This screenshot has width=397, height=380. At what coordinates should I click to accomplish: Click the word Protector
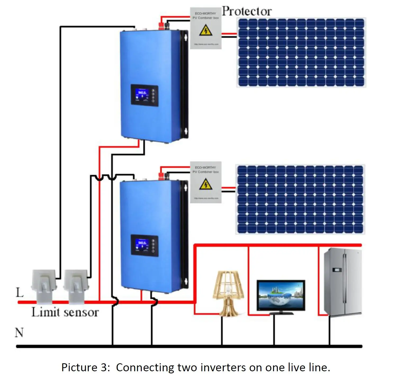point(247,11)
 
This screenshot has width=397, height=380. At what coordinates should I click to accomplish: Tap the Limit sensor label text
point(65,312)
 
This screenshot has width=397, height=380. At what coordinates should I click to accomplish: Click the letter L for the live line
point(20,293)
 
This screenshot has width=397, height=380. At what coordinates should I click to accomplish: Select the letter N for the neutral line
point(19,333)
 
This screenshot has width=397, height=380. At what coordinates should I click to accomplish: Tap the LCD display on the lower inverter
point(142,244)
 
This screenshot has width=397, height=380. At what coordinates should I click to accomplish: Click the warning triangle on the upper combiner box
point(205,30)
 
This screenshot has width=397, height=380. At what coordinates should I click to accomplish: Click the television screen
point(281,295)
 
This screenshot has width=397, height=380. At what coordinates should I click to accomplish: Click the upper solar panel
point(301,52)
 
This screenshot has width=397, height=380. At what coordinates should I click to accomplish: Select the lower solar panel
point(300,199)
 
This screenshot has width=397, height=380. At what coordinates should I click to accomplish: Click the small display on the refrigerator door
point(336,270)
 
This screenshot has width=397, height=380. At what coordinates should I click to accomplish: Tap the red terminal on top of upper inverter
point(160,25)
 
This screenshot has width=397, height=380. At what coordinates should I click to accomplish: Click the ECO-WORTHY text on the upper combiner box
point(205,13)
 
